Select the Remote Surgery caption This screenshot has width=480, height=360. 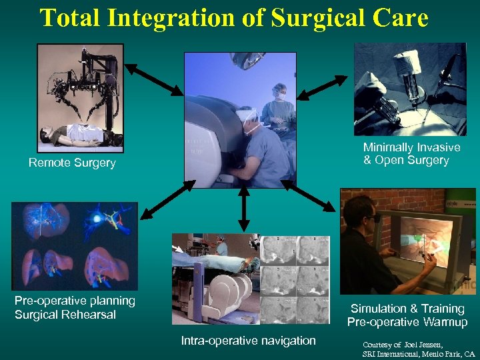pos(72,163)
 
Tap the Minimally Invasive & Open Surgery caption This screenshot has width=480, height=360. pos(411,154)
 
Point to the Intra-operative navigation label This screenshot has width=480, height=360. pos(249,341)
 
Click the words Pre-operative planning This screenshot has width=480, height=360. pos(75,301)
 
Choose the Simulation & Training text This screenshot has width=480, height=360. pos(407,309)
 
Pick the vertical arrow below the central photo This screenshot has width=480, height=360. pos(244,210)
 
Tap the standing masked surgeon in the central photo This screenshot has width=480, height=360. pos(279,107)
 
